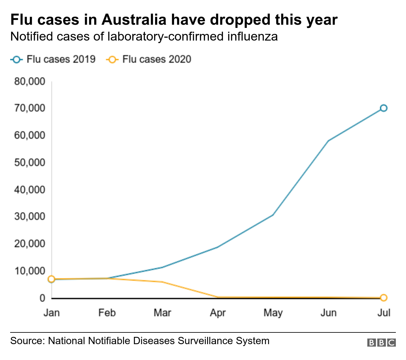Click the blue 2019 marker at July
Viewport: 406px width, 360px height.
coord(383,108)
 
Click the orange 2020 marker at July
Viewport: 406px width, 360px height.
coord(383,298)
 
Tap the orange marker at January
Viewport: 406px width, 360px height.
coord(51,279)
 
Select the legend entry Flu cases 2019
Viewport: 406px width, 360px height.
coord(53,59)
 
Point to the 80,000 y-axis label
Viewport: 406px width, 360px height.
coord(29,81)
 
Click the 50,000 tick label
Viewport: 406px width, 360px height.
coord(29,163)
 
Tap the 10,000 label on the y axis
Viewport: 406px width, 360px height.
coord(29,271)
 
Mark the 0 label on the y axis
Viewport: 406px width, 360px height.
coord(42,298)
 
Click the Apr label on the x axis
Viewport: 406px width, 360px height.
coord(218,313)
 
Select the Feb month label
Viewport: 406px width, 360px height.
coord(107,313)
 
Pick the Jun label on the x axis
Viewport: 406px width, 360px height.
coord(328,313)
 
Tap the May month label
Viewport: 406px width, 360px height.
coord(273,313)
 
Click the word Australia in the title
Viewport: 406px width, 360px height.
coord(134,20)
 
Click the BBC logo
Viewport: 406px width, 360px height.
coord(381,343)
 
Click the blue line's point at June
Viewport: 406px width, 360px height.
coord(328,141)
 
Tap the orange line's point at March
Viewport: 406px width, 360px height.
coord(162,282)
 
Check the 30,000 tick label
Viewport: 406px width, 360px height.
coord(29,217)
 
